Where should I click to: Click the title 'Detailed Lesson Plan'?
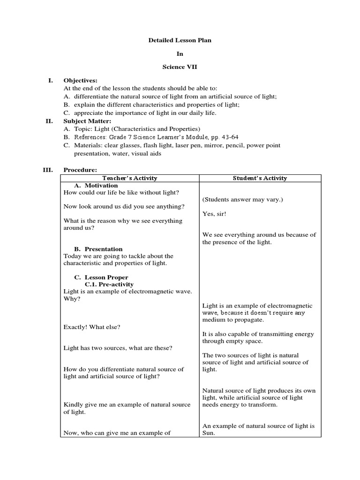point(180,40)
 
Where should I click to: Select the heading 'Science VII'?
point(180,67)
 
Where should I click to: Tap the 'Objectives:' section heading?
point(80,81)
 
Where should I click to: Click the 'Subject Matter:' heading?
point(87,121)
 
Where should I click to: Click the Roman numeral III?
point(49,170)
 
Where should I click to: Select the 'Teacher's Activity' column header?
point(130,178)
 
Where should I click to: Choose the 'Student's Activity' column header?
point(260,178)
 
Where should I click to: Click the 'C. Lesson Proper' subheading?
point(101,277)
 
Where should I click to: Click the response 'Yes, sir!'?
point(215,214)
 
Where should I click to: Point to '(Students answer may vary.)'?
point(243,200)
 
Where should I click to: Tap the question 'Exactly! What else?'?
point(92,327)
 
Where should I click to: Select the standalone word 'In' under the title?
point(180,54)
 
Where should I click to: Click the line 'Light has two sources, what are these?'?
point(118,348)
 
